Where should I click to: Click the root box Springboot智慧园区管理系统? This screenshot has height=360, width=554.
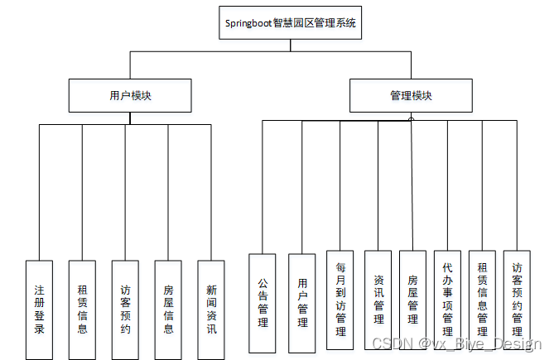tap(291, 22)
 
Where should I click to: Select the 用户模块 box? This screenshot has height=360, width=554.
tap(130, 95)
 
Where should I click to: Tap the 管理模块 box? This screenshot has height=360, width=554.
tap(411, 95)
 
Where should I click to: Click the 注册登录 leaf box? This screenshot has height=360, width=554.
tap(39, 310)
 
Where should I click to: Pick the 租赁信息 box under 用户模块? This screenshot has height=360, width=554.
tap(82, 310)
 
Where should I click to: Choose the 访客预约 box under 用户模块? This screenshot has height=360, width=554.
tap(125, 310)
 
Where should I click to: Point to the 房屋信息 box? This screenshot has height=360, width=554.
tap(168, 310)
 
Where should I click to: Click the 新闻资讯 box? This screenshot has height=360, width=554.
tap(211, 310)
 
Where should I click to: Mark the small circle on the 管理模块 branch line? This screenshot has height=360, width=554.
tap(411, 119)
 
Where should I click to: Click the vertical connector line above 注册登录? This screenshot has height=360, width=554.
tap(39, 190)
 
